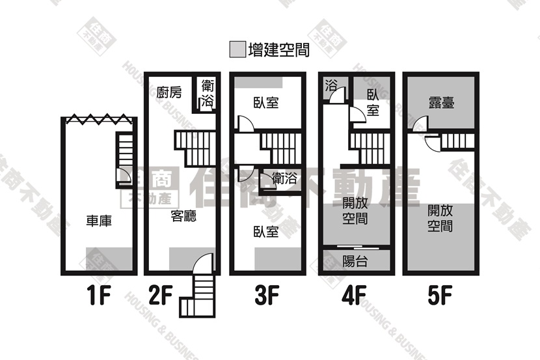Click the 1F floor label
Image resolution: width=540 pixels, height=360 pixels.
pos(99,296)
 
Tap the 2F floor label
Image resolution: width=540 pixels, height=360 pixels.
pos(161,296)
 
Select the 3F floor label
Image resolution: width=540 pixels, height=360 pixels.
pos(267,296)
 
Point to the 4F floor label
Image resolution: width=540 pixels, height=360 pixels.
pos(354,296)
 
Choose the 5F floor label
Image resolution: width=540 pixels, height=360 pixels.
pos(439,296)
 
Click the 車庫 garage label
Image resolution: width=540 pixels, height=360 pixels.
pos(99,221)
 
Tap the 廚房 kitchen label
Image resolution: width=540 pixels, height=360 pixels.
pos(169,92)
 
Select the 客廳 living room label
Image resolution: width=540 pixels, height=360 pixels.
pos(183,216)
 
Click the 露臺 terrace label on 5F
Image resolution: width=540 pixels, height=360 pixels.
pos(442,103)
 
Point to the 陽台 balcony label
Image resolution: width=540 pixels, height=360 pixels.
pos(355,261)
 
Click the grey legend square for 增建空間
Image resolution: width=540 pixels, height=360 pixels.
pos(237,49)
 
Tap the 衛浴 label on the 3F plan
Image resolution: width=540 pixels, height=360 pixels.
pos(284,178)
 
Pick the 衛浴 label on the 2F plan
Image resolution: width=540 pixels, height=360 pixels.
pos(208,93)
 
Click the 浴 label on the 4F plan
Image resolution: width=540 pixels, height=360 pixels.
pos(331,85)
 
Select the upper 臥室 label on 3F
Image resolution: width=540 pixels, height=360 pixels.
pos(266,103)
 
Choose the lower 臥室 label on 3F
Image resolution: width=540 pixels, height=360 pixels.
pos(266,232)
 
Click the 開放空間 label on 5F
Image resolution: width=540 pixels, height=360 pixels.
pos(440,218)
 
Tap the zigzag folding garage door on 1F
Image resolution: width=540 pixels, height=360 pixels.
pos(99,119)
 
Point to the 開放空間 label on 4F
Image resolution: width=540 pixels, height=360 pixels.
pos(355,211)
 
